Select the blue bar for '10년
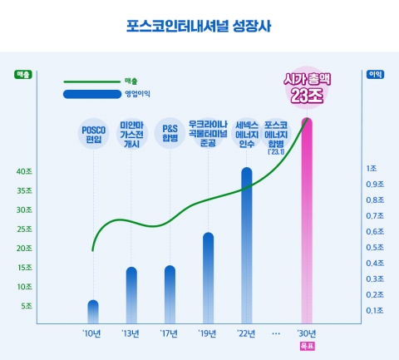pyautogui.click(x=93, y=312)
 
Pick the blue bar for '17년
pyautogui.click(x=170, y=294)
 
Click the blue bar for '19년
pyautogui.click(x=208, y=279)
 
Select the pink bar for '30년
pyautogui.click(x=307, y=220)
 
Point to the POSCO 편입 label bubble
pyautogui.click(x=93, y=134)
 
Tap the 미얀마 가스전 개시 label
pyautogui.click(x=131, y=132)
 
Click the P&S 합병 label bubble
pyautogui.click(x=170, y=134)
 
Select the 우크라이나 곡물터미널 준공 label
pyautogui.click(x=209, y=132)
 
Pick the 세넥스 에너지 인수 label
pyautogui.click(x=247, y=133)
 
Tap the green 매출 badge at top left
pyautogui.click(x=23, y=75)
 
